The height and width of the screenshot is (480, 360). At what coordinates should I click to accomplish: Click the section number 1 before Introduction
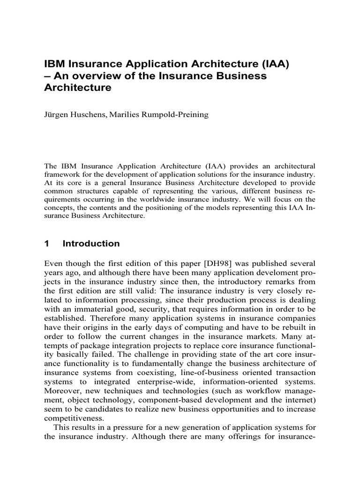tap(46, 244)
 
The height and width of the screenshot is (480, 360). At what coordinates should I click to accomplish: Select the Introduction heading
tap(91, 244)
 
